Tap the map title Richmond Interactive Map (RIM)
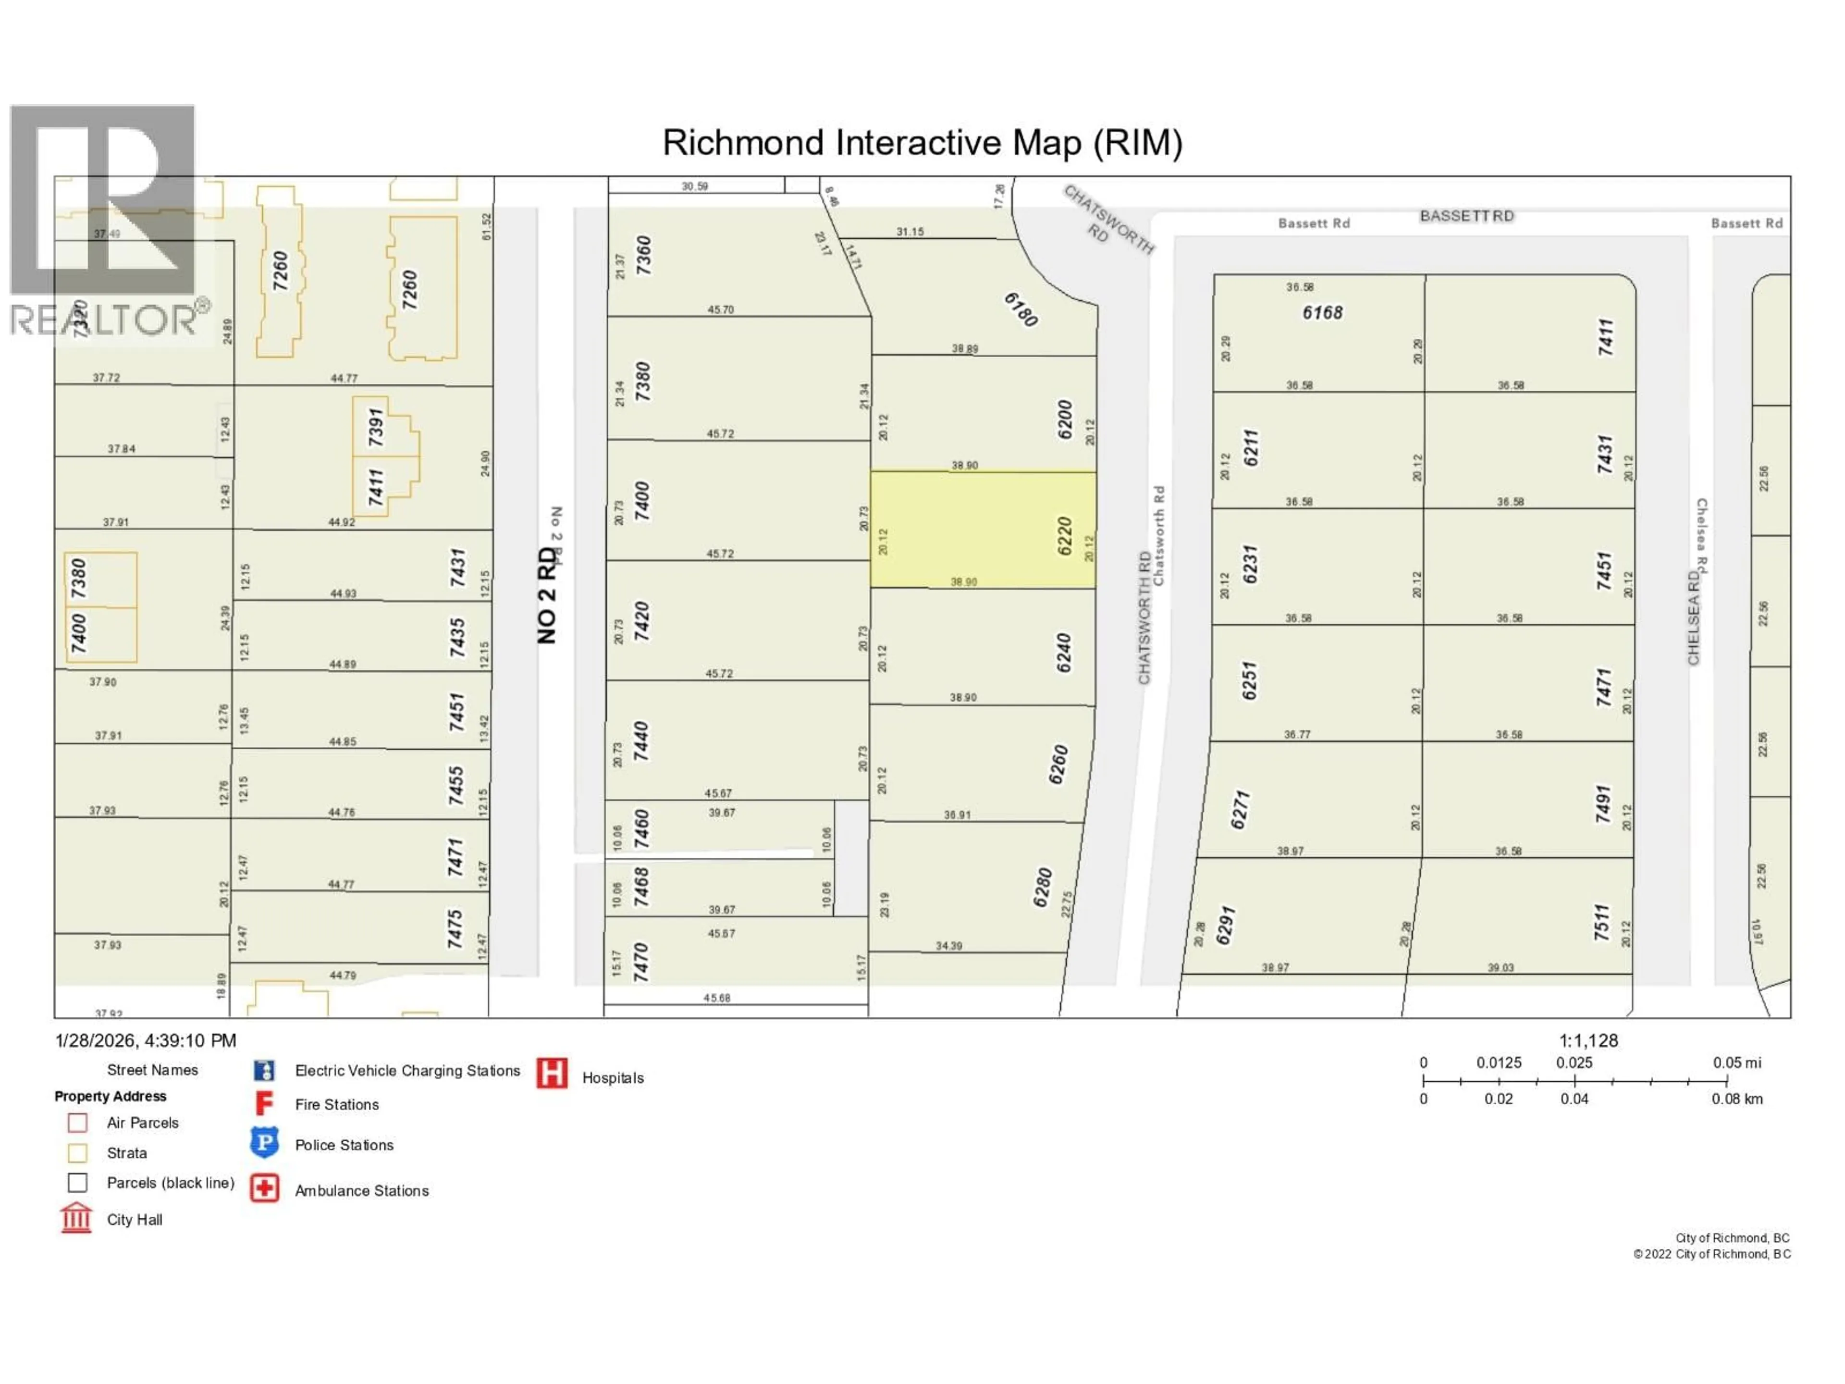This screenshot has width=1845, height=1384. click(x=922, y=143)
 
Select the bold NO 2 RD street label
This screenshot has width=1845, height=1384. click(x=546, y=595)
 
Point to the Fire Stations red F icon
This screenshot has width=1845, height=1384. click(x=264, y=1104)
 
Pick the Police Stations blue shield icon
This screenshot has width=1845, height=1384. click(x=264, y=1143)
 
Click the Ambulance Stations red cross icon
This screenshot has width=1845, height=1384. click(x=264, y=1189)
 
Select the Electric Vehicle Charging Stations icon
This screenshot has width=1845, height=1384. click(x=264, y=1070)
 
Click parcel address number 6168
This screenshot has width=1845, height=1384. click(x=1322, y=313)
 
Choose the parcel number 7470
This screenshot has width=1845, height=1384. click(x=640, y=962)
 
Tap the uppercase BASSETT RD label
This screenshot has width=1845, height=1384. click(x=1466, y=216)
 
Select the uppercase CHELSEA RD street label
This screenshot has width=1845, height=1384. click(x=1693, y=618)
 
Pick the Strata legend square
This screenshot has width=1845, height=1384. click(x=77, y=1153)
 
